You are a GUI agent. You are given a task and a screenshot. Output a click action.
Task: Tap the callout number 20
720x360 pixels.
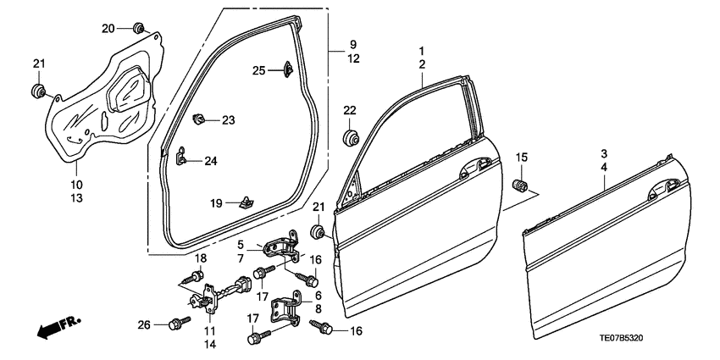point(108,29)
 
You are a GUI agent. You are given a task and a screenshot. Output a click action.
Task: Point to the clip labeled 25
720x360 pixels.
point(285,69)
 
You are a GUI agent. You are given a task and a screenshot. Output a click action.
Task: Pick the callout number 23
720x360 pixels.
point(228,120)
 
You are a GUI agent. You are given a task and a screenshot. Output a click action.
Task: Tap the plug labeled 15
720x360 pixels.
point(523,185)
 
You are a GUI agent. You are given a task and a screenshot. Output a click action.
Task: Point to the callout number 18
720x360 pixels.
point(201,258)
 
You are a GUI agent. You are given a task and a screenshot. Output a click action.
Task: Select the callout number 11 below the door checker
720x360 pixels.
point(209,330)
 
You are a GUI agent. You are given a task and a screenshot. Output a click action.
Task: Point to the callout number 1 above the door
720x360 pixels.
point(421,52)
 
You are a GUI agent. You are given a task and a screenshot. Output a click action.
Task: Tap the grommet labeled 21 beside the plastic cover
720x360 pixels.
point(38,91)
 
